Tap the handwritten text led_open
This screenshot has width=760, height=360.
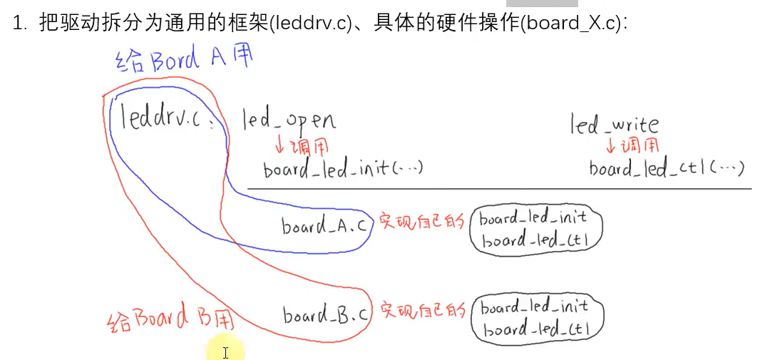coord(288,120)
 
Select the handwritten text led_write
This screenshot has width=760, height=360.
coord(614,125)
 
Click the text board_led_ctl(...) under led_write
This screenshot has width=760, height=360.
coord(667,169)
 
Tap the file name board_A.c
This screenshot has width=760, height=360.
coord(325,226)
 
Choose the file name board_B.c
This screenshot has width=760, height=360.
coord(326,314)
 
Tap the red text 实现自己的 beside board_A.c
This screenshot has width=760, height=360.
coord(421,222)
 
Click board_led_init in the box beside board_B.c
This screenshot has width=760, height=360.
coord(535,307)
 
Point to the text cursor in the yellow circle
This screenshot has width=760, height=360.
coord(225,352)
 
